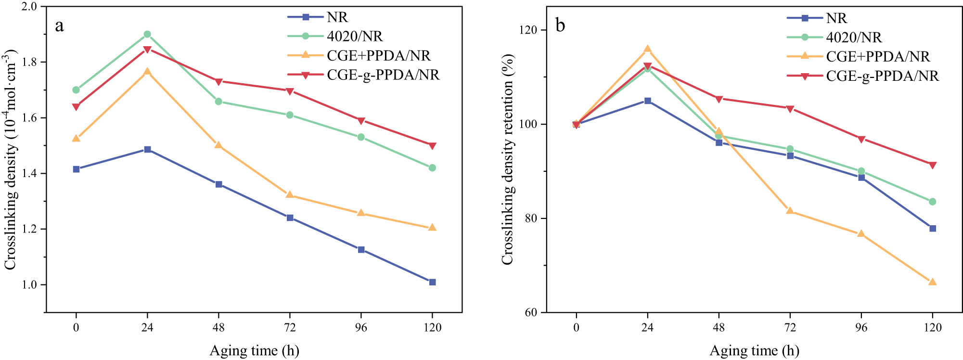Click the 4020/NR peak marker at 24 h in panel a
(x=147, y=34)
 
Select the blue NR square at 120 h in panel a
(x=432, y=282)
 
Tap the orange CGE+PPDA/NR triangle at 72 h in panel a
(x=290, y=195)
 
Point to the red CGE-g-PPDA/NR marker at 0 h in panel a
(x=76, y=107)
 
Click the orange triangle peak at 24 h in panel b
(x=647, y=49)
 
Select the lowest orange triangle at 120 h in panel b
(x=932, y=282)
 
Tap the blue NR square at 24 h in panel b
(x=647, y=101)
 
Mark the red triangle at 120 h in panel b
(x=932, y=165)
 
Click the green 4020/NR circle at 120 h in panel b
(x=932, y=202)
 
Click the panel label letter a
(x=59, y=25)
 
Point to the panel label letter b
(x=560, y=25)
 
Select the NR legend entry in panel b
(x=836, y=18)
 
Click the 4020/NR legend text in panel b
(x=854, y=38)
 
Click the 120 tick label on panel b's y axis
(x=528, y=30)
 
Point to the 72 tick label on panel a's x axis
(x=290, y=328)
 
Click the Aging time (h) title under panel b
(x=754, y=350)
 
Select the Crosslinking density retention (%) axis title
(x=508, y=159)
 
